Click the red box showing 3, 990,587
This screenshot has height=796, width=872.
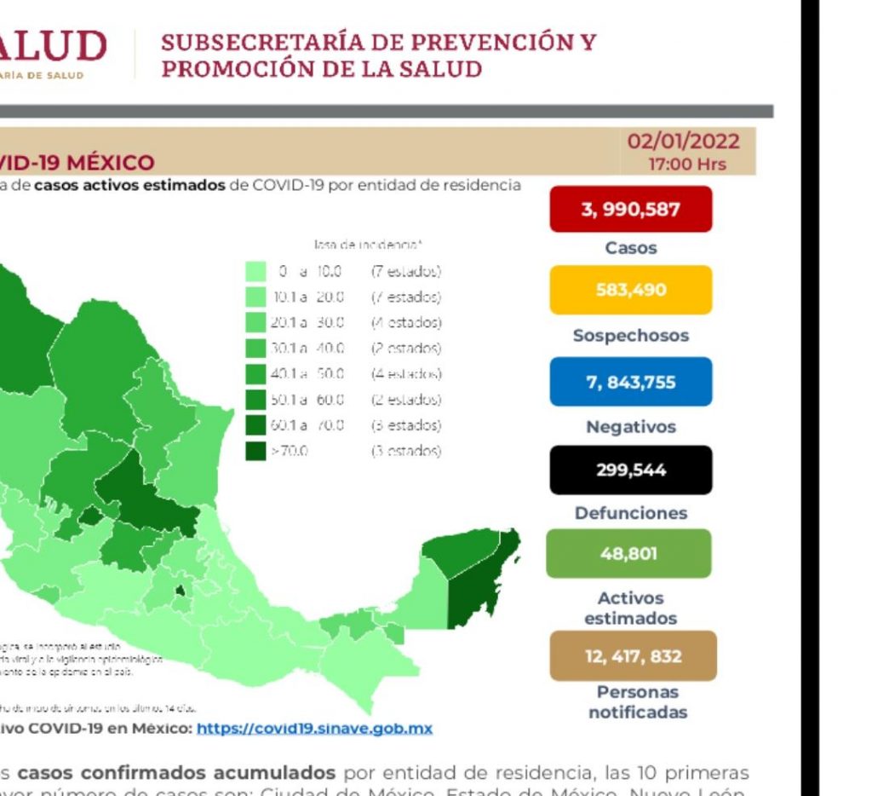(630, 209)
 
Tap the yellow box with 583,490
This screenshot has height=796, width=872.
(630, 291)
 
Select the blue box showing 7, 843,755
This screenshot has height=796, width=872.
(630, 382)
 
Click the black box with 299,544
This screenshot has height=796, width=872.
(630, 470)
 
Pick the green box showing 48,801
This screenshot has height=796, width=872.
(630, 554)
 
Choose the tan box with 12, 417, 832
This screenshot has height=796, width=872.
(632, 656)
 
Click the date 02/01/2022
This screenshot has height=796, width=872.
(683, 141)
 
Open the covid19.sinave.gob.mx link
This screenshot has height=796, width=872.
(313, 729)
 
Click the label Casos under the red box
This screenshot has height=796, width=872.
(630, 248)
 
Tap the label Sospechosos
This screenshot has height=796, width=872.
(630, 336)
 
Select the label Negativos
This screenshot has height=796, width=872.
(630, 427)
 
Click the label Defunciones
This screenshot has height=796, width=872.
(630, 513)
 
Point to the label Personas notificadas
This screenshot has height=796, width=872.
(637, 701)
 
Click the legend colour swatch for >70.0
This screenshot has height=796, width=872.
(255, 451)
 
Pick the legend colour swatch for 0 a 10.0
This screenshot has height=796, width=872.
(255, 272)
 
